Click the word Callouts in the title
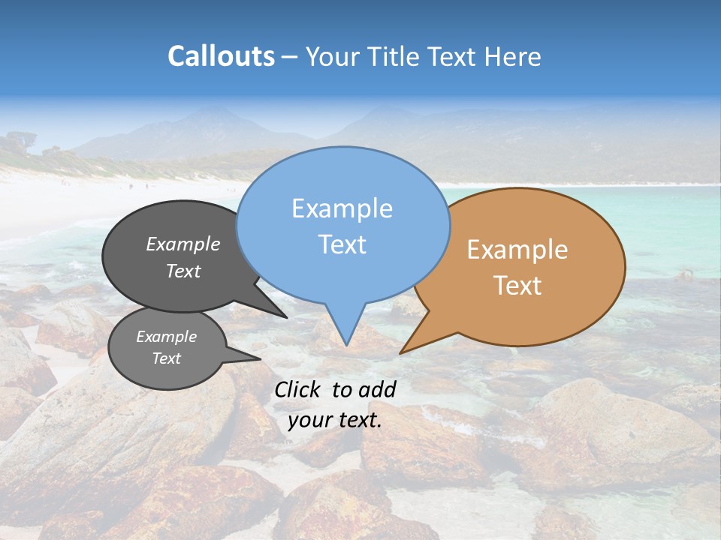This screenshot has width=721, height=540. click(221, 56)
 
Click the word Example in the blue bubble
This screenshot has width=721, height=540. click(342, 208)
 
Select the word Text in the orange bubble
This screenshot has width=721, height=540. click(517, 286)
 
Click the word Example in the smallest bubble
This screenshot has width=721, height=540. click(166, 337)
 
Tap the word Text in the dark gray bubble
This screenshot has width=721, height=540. click(183, 271)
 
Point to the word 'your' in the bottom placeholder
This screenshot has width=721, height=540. click(309, 420)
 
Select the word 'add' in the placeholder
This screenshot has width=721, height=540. click(377, 389)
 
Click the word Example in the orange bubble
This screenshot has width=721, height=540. click(517, 249)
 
